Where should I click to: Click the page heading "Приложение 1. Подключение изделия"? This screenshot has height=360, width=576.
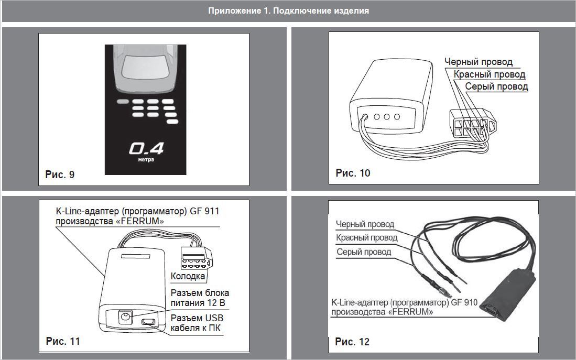[288, 10]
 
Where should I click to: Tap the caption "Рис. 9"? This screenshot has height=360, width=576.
[60, 174]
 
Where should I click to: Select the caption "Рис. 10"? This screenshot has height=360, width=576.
[353, 173]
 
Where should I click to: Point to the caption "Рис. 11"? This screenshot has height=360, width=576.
[63, 341]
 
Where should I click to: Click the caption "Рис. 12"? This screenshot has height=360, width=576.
[352, 342]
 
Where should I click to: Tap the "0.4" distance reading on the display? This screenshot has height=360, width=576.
[146, 149]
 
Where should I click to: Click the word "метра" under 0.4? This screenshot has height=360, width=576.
[146, 160]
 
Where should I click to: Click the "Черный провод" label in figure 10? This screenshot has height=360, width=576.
[479, 62]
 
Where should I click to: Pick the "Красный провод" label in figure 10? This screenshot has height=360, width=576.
[489, 74]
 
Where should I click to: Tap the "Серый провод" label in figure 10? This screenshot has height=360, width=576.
[496, 86]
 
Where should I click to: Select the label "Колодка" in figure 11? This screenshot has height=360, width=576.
[188, 276]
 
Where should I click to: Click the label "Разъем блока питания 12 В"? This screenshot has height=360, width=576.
[200, 297]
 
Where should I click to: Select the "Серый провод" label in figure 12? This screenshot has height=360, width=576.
[363, 252]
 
